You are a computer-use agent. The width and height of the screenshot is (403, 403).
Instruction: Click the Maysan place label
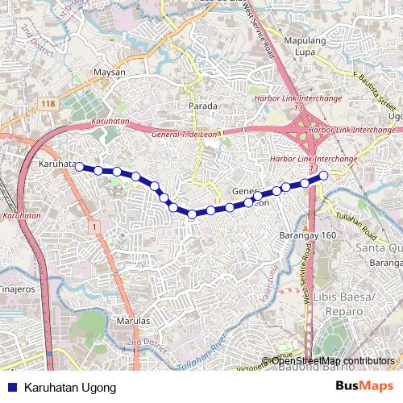(x=110, y=73)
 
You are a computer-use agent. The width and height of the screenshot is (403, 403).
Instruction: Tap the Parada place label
(x=202, y=106)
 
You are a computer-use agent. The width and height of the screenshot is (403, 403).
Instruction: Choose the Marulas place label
(x=133, y=321)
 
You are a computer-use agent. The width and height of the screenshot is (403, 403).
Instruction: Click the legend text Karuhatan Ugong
(x=70, y=388)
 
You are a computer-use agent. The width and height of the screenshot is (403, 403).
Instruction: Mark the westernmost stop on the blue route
(x=79, y=167)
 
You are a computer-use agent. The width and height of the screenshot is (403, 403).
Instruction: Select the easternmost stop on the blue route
(x=323, y=176)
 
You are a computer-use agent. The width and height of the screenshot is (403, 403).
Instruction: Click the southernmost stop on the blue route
(x=192, y=214)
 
